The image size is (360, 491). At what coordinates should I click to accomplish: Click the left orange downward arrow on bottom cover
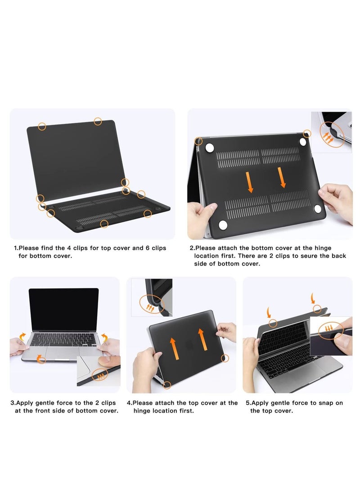pos(250,182)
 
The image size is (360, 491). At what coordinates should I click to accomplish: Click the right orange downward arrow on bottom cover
pos(282,177)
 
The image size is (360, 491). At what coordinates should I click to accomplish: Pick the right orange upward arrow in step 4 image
pos(202,339)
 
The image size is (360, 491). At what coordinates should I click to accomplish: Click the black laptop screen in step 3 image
pos(64,310)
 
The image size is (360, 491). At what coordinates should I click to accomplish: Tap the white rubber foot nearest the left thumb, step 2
pos(223,225)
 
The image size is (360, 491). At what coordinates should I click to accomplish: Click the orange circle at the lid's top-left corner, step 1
pos(42,126)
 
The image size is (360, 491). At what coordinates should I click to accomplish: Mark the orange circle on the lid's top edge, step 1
pos(98,122)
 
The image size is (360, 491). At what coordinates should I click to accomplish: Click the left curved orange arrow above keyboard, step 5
pos(268,312)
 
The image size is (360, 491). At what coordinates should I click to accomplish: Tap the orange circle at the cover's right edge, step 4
pos(225,358)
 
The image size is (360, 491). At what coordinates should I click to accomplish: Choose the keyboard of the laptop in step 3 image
pos(63,340)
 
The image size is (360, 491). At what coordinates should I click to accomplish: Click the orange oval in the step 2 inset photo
pos(332,135)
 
